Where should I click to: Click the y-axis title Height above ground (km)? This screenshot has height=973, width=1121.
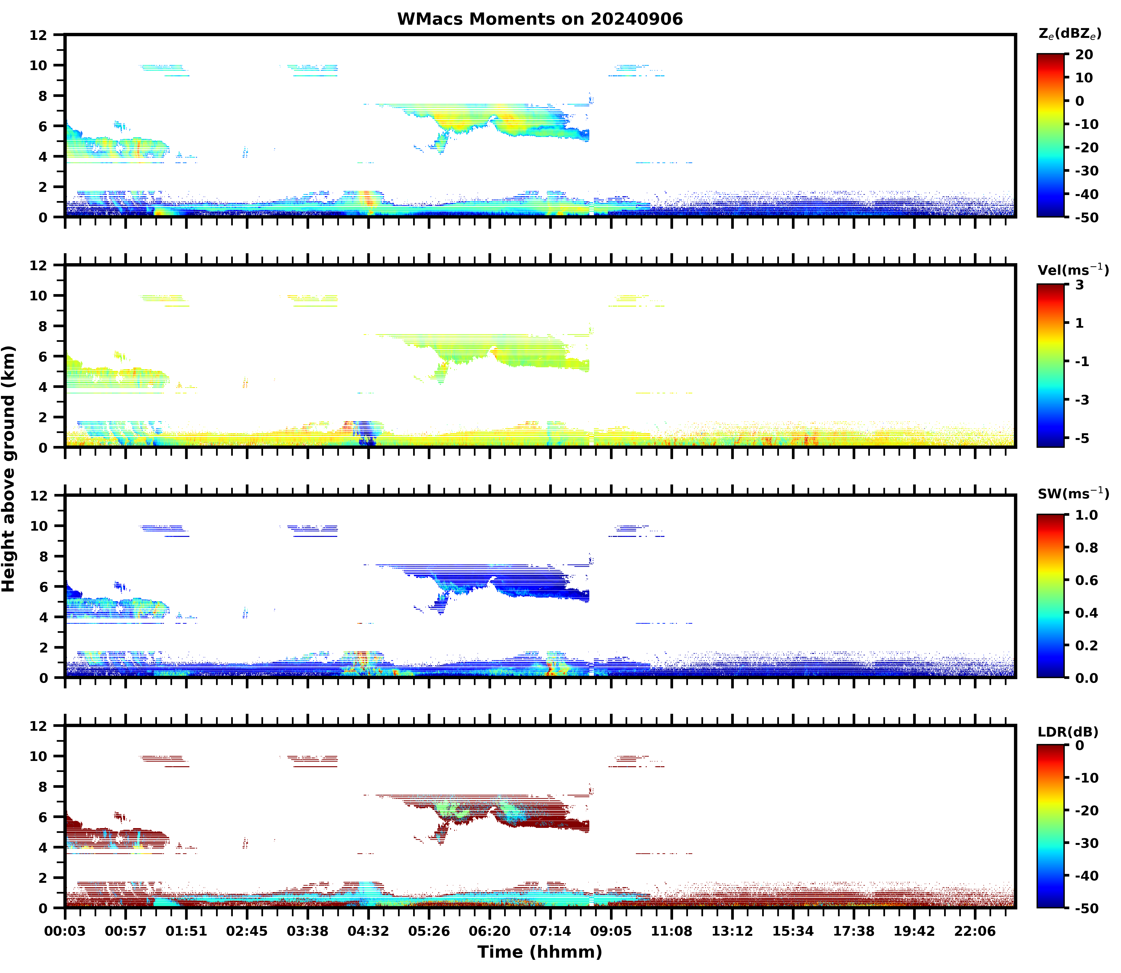9,469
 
